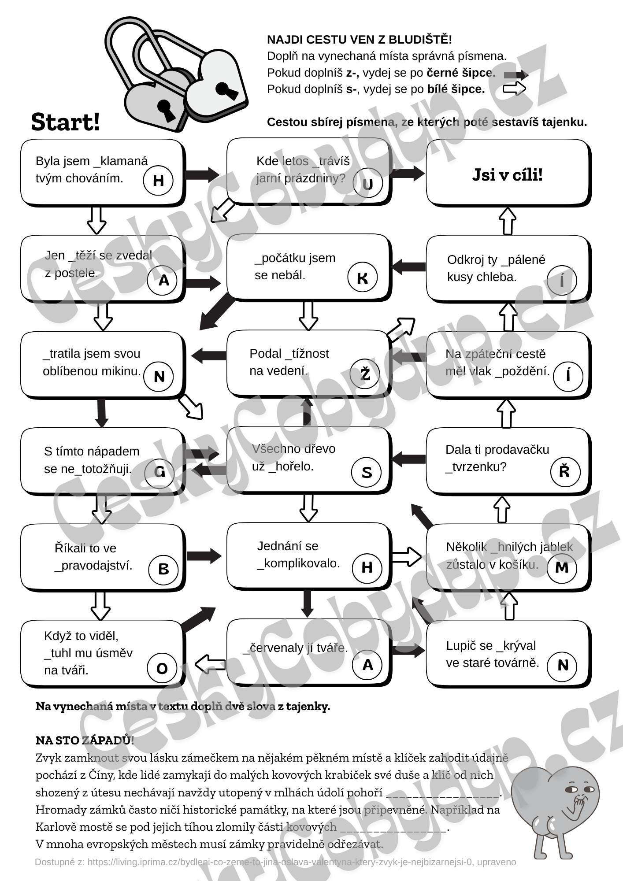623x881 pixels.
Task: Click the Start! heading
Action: coord(66,122)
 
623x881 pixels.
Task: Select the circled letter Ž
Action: coord(365,374)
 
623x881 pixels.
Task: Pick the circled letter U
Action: coord(368,183)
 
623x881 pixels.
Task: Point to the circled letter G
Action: coord(159,472)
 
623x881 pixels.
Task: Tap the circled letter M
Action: coord(562,568)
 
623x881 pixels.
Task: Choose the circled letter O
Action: coord(162,668)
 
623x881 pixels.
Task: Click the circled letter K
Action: coord(362,278)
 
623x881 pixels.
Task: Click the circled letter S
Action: coord(367,472)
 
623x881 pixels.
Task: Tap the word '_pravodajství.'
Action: coord(93,566)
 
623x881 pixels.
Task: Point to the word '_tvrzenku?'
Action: coord(476,467)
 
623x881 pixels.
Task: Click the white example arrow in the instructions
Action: coord(514,89)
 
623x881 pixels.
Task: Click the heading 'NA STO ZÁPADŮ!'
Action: coord(85,740)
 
